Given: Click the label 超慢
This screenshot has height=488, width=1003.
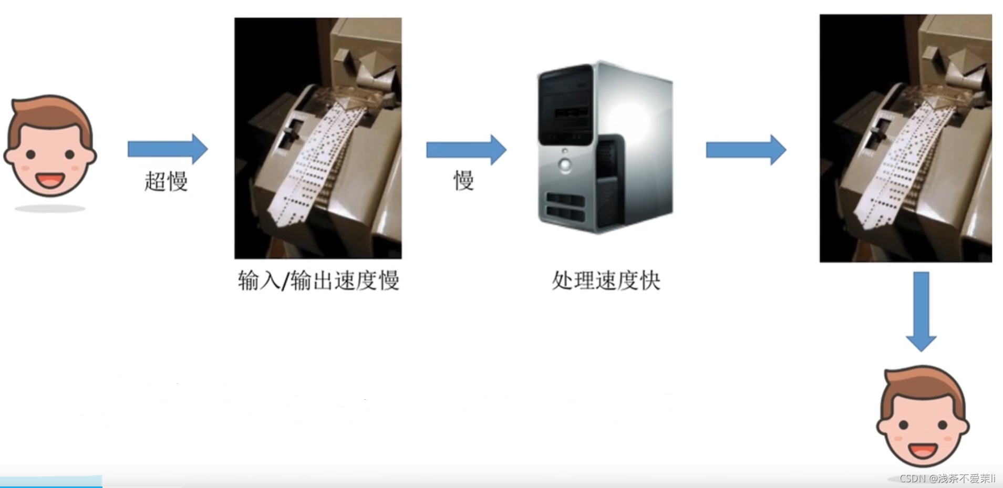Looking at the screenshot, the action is [166, 181].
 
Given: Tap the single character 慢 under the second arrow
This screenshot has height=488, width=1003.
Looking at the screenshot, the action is [464, 180].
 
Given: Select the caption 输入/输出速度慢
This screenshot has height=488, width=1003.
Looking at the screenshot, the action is [318, 281].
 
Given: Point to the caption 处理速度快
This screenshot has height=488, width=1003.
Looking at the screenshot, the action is [606, 281].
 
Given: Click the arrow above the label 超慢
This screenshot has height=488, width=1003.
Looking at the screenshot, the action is [168, 149].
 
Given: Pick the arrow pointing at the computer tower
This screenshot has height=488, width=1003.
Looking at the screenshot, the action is [466, 150].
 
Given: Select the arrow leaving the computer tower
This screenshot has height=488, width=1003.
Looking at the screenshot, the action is [746, 150].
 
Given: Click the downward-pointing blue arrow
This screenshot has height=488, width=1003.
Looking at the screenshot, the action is [921, 312].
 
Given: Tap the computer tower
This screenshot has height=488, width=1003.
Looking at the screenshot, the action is [605, 147].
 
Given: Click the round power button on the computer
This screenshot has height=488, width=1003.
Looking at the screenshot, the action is [565, 165].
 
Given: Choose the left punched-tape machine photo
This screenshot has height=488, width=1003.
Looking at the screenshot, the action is [318, 138].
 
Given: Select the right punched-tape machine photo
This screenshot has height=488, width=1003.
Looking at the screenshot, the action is [906, 138].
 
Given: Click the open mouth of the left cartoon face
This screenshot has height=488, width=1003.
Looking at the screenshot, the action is [50, 180].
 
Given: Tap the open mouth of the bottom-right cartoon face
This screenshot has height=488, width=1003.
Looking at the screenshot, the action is [923, 450].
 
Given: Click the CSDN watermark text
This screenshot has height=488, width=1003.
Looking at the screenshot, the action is [947, 479].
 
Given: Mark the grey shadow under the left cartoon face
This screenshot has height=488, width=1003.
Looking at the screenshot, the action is [50, 209].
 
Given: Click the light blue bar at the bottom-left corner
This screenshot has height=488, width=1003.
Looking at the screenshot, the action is [51, 482].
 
